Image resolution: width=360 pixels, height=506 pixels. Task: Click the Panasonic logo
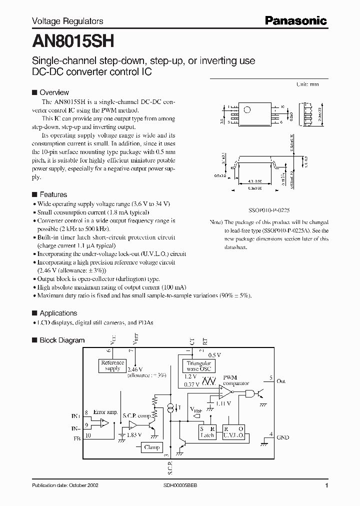click(x=295, y=20)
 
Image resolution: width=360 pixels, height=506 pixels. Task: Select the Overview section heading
click(x=54, y=92)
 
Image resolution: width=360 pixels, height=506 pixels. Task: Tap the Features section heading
click(x=53, y=194)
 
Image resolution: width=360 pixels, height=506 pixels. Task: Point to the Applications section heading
click(x=58, y=313)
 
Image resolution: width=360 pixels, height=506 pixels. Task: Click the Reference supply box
click(x=112, y=365)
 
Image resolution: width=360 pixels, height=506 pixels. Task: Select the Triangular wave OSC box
click(x=199, y=366)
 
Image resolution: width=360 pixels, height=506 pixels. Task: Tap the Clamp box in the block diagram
click(x=151, y=447)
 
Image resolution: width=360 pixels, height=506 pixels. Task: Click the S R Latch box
click(x=207, y=432)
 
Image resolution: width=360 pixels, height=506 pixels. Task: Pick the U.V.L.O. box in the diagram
click(x=234, y=432)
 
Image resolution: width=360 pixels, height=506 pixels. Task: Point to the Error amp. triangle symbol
click(x=103, y=423)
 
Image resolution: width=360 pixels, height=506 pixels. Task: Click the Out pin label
click(x=281, y=381)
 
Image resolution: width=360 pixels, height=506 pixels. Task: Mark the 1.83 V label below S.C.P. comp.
click(x=134, y=435)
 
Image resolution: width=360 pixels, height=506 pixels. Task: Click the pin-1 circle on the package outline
click(x=246, y=109)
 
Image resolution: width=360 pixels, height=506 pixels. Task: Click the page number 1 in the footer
click(x=326, y=485)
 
